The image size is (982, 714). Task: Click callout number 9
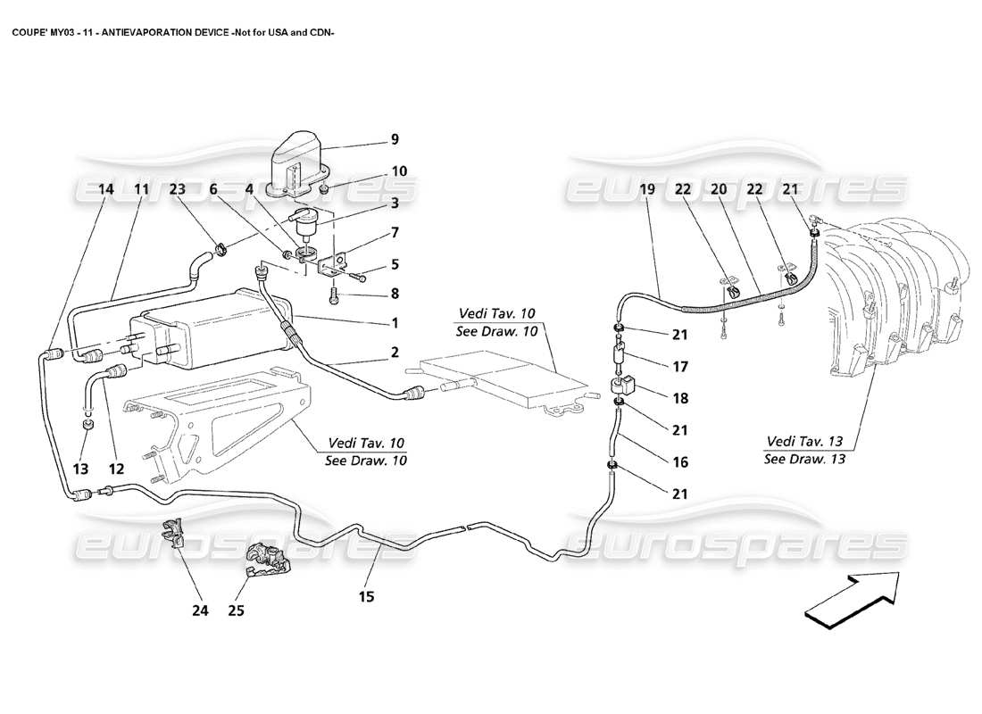395,140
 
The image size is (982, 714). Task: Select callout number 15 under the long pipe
368,595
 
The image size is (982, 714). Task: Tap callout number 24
199,611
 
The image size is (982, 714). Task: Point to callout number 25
237,611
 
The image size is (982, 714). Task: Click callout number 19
648,189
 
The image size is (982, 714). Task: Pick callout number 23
178,189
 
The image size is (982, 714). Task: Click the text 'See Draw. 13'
803,460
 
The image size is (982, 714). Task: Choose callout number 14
106,189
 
